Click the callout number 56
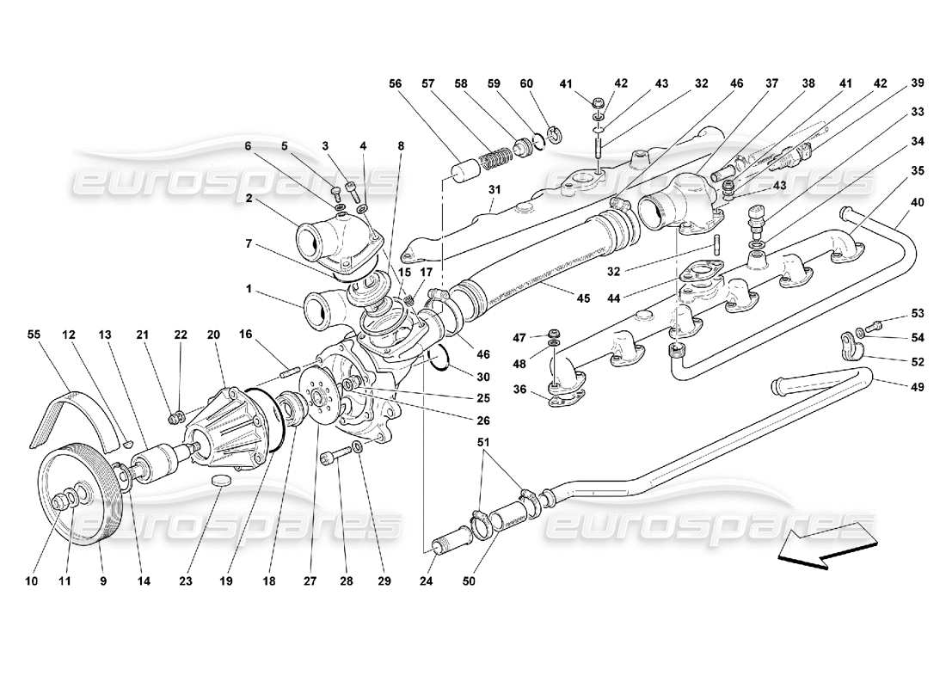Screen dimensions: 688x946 coord(395,83)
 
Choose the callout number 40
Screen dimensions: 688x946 coord(918,202)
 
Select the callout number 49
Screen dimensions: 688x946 coord(918,388)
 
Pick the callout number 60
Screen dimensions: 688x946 coord(526,83)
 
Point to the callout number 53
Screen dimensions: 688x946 coord(918,313)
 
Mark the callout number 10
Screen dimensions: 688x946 coord(32,582)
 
